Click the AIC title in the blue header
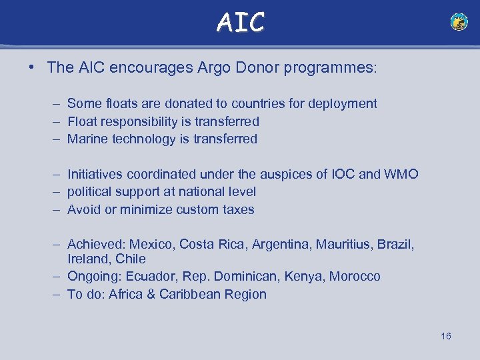[240, 22]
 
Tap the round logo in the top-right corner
[459, 22]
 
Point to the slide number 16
[446, 336]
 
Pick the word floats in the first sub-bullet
[122, 104]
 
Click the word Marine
[87, 139]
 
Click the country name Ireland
[88, 259]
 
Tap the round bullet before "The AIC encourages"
[33, 68]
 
